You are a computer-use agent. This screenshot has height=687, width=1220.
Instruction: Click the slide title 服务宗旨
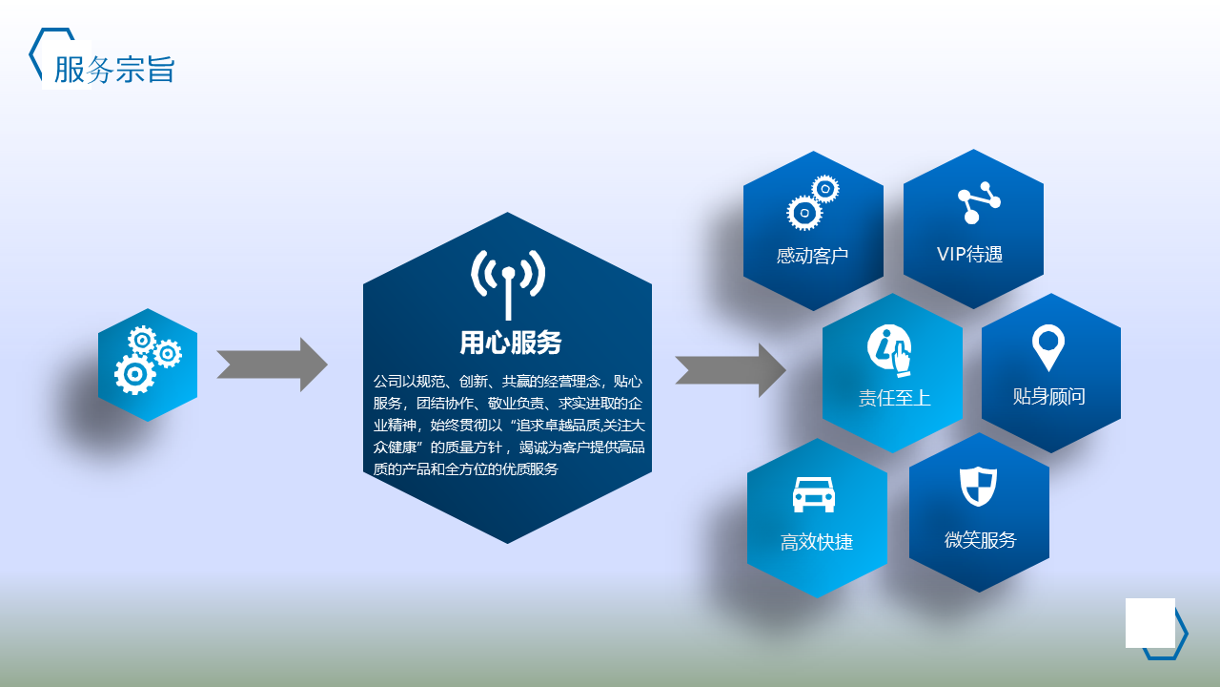click(x=114, y=70)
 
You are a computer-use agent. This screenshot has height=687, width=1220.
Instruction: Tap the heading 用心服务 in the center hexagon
click(x=510, y=343)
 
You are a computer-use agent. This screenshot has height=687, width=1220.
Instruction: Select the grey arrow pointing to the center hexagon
click(x=272, y=364)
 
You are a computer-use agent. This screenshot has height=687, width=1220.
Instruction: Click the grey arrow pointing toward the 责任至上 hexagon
click(x=730, y=370)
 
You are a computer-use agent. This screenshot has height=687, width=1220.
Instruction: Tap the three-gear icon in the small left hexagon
click(x=148, y=360)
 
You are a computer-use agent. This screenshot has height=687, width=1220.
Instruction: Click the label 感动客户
click(x=812, y=255)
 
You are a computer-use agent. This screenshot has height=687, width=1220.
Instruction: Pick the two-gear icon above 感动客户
click(x=813, y=202)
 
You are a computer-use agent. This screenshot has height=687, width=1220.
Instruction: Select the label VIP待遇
click(x=969, y=254)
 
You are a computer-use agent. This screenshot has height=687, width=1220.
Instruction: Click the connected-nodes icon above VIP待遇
click(x=979, y=202)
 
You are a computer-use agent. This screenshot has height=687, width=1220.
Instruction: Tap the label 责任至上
click(x=894, y=398)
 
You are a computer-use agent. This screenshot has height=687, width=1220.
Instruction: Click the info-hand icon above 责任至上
click(x=889, y=350)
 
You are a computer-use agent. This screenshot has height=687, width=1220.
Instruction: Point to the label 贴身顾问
click(x=1049, y=396)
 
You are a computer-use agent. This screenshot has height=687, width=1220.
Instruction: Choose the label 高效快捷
click(x=817, y=542)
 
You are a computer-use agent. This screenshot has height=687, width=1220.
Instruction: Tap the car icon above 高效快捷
click(x=814, y=494)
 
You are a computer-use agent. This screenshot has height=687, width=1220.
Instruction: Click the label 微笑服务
click(x=981, y=540)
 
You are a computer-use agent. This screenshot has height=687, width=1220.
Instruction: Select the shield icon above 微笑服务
click(x=978, y=487)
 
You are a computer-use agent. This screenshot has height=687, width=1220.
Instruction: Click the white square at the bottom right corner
click(x=1150, y=623)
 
